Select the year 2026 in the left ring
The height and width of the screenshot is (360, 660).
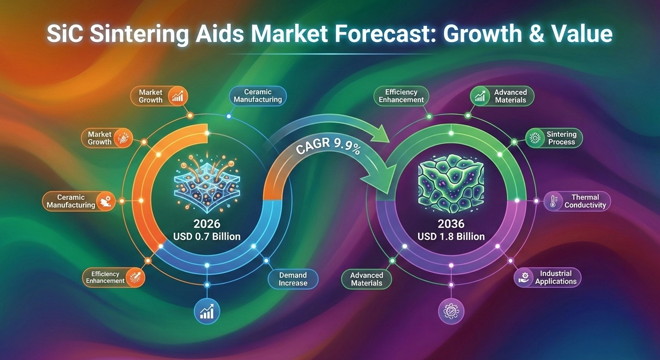207,224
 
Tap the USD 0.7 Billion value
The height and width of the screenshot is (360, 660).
207,236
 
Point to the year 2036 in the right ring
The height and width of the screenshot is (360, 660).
451,224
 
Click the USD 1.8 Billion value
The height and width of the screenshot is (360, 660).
451,236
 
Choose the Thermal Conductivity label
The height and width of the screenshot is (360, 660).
585,201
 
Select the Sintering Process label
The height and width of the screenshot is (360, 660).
561,138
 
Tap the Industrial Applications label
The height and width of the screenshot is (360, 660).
555,277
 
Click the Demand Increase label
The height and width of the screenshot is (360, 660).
293,279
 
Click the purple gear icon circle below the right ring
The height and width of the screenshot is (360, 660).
450,311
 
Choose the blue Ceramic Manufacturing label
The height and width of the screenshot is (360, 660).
257,96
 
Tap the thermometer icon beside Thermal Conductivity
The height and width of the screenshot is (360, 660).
553,202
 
